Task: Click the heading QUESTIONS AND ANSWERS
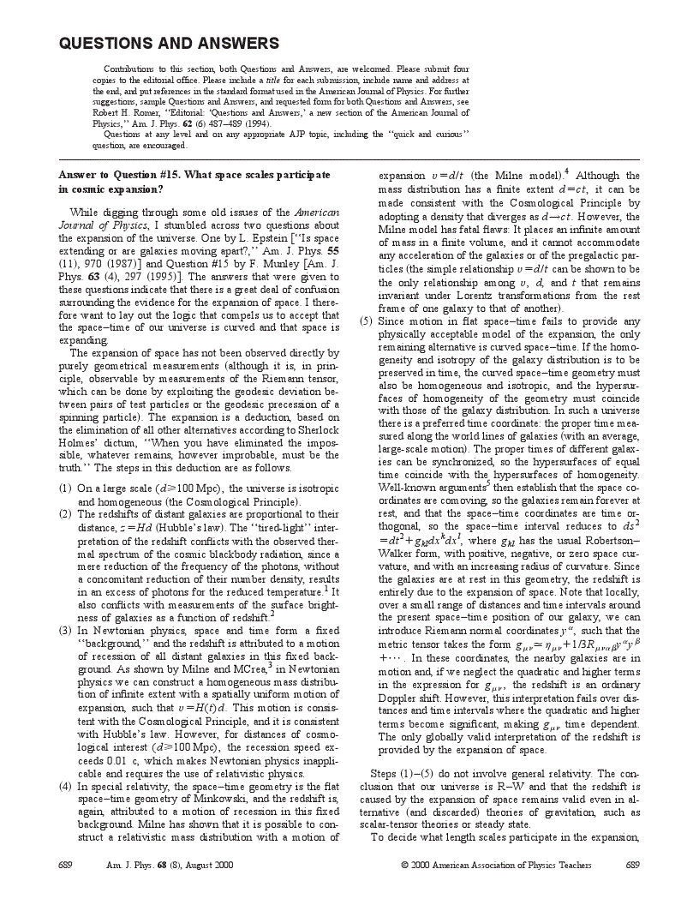169,44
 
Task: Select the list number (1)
65,488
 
